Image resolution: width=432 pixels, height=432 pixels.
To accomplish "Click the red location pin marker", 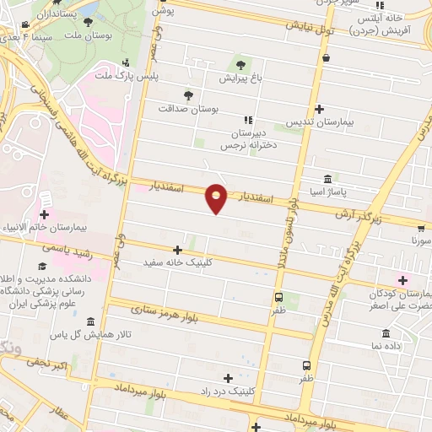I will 217,197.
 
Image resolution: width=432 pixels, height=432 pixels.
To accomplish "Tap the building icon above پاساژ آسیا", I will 327,178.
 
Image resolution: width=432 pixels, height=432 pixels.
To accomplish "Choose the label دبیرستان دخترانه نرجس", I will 248,139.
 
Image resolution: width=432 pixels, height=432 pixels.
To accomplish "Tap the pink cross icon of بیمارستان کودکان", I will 402,280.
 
